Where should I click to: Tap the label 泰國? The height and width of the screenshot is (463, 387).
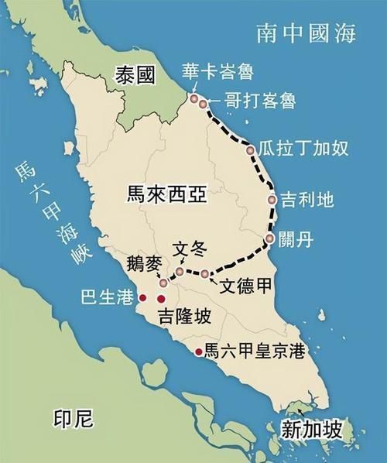point(135,75)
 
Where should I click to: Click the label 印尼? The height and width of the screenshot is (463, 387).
point(73,420)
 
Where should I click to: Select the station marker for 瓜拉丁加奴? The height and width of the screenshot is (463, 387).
point(250,149)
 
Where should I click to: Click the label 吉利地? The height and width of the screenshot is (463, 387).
point(307,200)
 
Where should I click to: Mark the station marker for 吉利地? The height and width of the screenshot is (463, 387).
point(272,200)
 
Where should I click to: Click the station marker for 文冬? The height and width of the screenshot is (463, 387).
point(180,272)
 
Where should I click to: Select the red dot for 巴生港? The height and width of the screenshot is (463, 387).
point(142,297)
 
